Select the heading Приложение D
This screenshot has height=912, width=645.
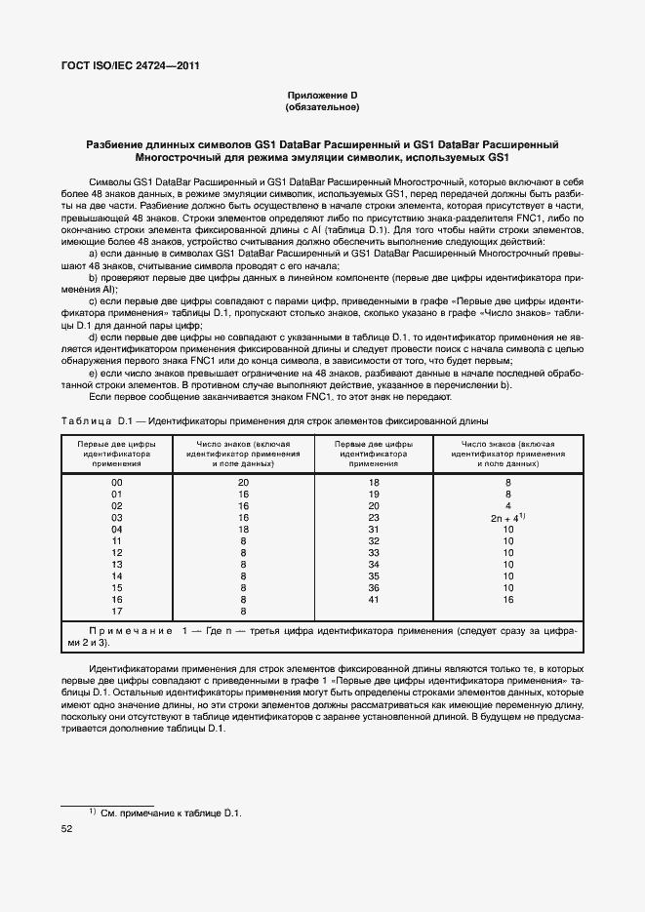pyautogui.click(x=322, y=95)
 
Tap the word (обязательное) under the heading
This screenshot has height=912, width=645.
pyautogui.click(x=322, y=106)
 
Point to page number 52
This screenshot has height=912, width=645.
pyautogui.click(x=67, y=829)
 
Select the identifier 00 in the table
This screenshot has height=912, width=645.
pyautogui.click(x=117, y=483)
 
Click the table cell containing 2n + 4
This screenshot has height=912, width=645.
pyautogui.click(x=507, y=518)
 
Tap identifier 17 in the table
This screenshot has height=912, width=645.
pyautogui.click(x=117, y=612)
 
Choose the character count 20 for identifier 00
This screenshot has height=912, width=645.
pyautogui.click(x=243, y=483)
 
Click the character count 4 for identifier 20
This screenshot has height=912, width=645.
pyautogui.click(x=507, y=506)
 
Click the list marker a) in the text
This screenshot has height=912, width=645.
pyautogui.click(x=94, y=254)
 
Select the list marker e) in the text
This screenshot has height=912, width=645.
pyautogui.click(x=94, y=373)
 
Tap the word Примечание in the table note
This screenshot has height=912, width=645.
pyautogui.click(x=123, y=631)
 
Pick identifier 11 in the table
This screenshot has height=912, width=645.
pyautogui.click(x=117, y=540)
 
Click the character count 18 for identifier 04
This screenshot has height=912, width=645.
pyautogui.click(x=243, y=529)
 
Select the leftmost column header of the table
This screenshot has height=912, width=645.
pyautogui.click(x=117, y=454)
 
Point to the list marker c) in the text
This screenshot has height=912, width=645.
pyautogui.click(x=94, y=301)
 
